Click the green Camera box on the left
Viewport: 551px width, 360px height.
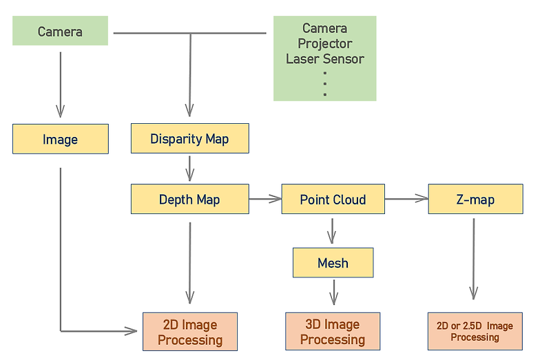point(60,32)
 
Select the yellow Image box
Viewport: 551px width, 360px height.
point(60,139)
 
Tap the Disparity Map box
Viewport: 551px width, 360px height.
point(189,139)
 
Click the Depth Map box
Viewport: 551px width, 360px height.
point(189,200)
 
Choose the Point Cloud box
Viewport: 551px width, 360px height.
point(333,200)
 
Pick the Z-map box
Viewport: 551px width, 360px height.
point(475,200)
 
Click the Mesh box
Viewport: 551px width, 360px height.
point(333,263)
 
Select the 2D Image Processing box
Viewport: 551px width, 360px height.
point(190,332)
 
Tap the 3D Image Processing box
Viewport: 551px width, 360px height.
point(333,332)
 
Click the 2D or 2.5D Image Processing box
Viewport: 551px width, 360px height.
point(475,331)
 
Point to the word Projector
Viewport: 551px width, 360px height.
point(325,43)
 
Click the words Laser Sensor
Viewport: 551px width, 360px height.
point(325,59)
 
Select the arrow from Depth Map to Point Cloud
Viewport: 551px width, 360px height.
point(265,200)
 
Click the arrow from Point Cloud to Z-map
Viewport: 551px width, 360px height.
point(406,200)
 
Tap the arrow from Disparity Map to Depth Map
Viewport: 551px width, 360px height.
point(189,168)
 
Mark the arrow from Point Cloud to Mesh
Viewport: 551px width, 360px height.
point(333,230)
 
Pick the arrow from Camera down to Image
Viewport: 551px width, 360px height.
point(61,83)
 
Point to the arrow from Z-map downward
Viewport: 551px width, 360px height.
point(474,258)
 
